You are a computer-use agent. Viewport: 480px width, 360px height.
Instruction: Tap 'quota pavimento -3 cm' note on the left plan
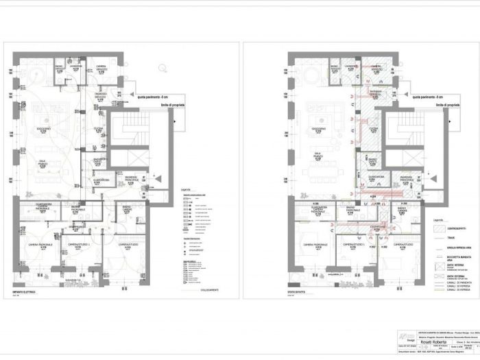click(148, 97)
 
